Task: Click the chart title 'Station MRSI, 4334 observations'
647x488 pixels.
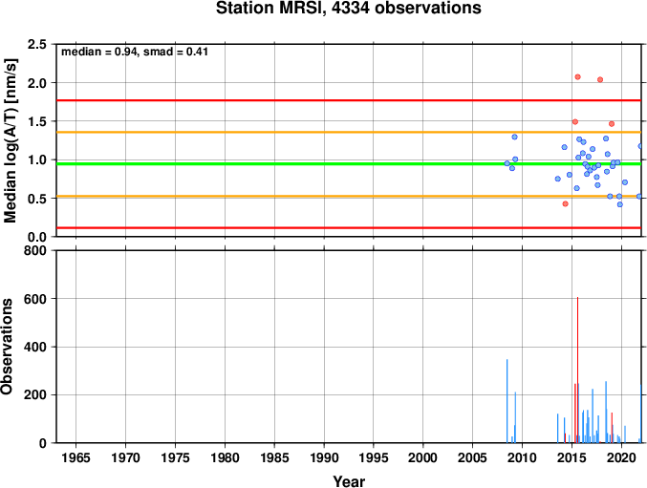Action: coord(349,9)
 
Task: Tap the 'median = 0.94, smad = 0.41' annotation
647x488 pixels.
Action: coord(135,52)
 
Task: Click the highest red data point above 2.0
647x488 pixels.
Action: coord(577,77)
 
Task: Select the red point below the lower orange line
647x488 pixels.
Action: coord(566,203)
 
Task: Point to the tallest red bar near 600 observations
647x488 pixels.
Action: coord(577,370)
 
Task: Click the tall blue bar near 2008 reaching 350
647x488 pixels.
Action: coord(507,401)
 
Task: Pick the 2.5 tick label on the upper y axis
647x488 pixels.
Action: coord(37,44)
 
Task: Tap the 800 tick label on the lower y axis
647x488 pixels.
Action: coord(35,250)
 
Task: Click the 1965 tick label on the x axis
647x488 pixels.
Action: coord(75,457)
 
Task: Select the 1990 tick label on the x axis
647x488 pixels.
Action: coord(324,457)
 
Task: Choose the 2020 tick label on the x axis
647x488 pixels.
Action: coord(621,457)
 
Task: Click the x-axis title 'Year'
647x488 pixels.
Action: coord(349,481)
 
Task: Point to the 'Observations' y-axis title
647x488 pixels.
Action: coord(7,347)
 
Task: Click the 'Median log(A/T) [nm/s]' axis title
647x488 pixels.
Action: coord(10,140)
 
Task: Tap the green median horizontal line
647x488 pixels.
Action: coord(349,164)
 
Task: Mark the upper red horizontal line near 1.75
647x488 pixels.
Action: coord(349,100)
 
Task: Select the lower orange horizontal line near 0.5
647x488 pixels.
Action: coord(349,196)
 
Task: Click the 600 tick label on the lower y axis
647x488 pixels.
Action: coord(35,299)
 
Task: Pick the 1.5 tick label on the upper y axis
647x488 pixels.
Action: coord(37,121)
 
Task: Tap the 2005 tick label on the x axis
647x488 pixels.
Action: coord(472,457)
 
